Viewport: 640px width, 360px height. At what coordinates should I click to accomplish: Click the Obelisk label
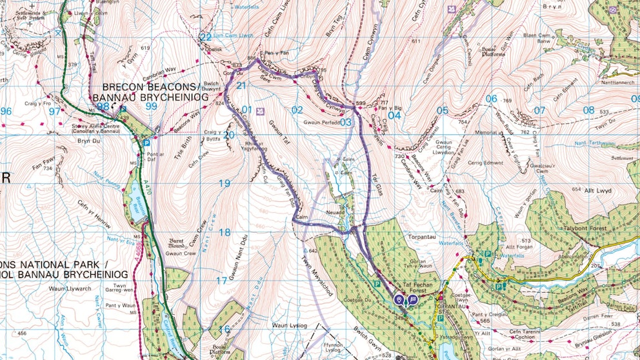click(215, 49)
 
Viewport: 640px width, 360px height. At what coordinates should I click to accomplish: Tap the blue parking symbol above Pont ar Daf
click(146, 143)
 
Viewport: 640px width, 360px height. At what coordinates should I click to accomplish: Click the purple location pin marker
click(399, 299)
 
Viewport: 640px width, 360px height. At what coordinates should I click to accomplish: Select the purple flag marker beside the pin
click(412, 299)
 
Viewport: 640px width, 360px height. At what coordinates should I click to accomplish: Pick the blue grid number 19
click(224, 184)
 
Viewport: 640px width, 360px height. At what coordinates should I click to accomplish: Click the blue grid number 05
click(442, 110)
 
